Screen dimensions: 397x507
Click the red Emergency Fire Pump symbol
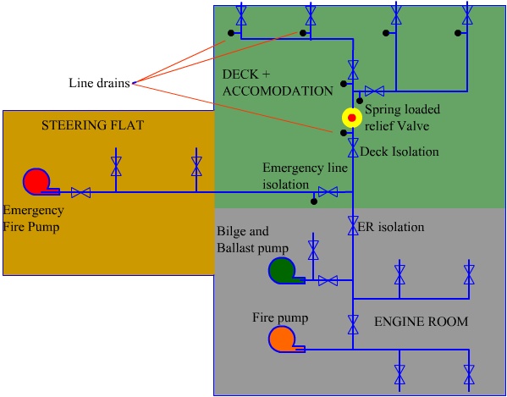(36, 181)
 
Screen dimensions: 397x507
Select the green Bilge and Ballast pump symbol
(282, 270)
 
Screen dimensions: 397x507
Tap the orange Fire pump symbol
(282, 339)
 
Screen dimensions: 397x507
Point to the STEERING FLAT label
(93, 126)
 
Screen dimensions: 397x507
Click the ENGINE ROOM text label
(421, 322)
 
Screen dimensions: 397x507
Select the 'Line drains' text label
(99, 83)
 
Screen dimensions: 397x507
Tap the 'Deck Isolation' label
(400, 152)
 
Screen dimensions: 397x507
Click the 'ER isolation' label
(391, 227)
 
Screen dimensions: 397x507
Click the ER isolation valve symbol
(353, 225)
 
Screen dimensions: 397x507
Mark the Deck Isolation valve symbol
(353, 146)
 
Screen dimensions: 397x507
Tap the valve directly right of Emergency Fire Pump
(81, 193)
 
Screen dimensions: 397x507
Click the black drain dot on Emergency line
(313, 201)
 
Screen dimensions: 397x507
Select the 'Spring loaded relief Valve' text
(397, 118)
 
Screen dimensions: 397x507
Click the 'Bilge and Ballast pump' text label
(252, 239)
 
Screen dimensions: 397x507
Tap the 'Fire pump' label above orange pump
(280, 318)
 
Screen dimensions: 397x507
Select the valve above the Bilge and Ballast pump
(313, 249)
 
